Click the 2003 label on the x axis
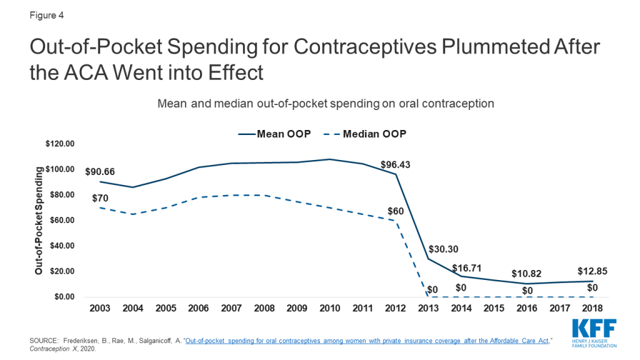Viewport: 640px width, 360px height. (x=100, y=309)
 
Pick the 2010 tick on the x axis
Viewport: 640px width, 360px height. (x=330, y=309)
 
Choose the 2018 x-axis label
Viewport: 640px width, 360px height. (x=592, y=309)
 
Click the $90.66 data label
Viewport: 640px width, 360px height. (x=100, y=171)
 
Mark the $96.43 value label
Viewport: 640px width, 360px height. (x=395, y=165)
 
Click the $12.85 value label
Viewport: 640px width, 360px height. (x=592, y=271)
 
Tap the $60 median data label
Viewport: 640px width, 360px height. (x=395, y=211)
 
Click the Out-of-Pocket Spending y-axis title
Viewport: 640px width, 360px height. (x=39, y=221)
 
